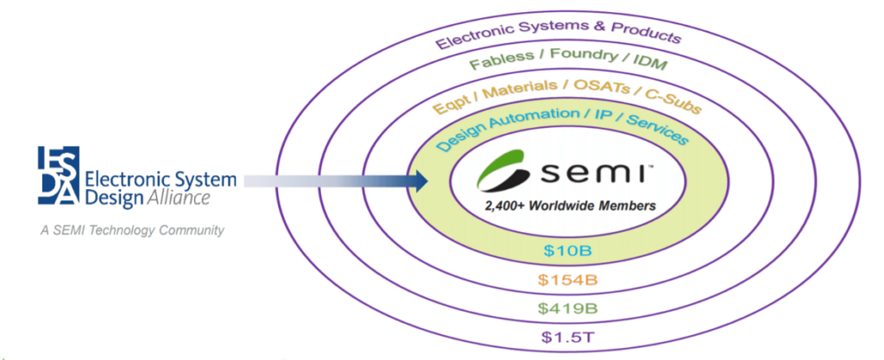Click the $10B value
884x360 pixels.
[566, 251]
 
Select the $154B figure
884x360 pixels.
[566, 280]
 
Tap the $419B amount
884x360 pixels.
[566, 307]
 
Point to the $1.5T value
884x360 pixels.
[566, 336]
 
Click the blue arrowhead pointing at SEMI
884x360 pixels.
[421, 180]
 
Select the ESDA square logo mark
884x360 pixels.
[58, 176]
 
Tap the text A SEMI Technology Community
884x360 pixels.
[130, 231]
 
